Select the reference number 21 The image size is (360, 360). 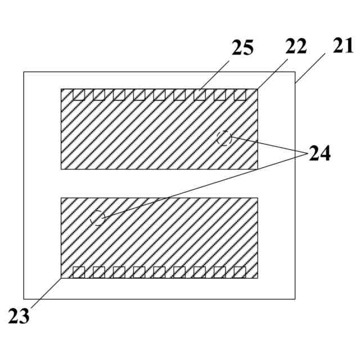tap(341, 47)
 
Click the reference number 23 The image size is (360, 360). tap(19, 316)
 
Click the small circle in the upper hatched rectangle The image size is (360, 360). tap(224, 138)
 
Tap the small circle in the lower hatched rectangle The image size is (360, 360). tap(98, 217)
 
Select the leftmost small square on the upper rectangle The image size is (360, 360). tap(79, 94)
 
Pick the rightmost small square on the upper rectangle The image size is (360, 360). tap(240, 94)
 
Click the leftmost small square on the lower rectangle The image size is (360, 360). tap(79, 272)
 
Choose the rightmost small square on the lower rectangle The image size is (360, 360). tap(240, 272)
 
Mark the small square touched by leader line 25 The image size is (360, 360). tap(200, 94)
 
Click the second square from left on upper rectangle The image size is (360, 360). tap(99, 94)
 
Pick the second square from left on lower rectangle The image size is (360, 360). tap(99, 272)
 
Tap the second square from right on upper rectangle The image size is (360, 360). tap(220, 94)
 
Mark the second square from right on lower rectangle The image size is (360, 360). tap(220, 272)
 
